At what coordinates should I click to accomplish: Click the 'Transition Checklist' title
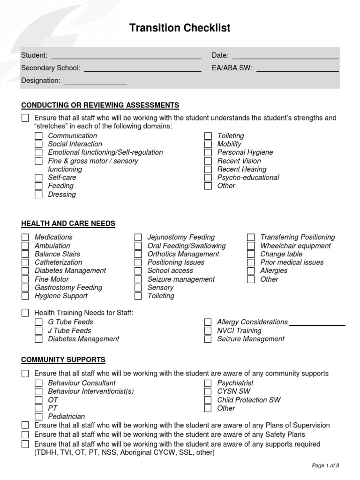[x=180, y=29]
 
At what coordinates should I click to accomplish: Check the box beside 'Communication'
[x=38, y=136]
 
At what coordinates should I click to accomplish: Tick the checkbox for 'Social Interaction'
[x=38, y=144]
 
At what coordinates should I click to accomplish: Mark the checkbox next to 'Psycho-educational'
[x=208, y=178]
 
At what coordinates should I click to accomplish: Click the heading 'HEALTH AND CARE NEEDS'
[x=68, y=224]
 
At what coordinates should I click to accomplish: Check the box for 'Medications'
[x=25, y=237]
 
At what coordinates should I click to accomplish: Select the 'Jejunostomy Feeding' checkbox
[x=138, y=237]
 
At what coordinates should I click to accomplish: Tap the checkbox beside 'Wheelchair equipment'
[x=251, y=246]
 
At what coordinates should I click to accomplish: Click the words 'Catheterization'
[x=58, y=262]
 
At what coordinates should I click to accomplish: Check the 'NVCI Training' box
[x=208, y=330]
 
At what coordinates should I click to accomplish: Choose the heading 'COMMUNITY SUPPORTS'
[x=63, y=360]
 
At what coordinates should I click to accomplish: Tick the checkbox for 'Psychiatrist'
[x=208, y=383]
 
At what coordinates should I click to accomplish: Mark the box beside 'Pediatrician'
[x=38, y=417]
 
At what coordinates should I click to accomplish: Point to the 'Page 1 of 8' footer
[x=325, y=465]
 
